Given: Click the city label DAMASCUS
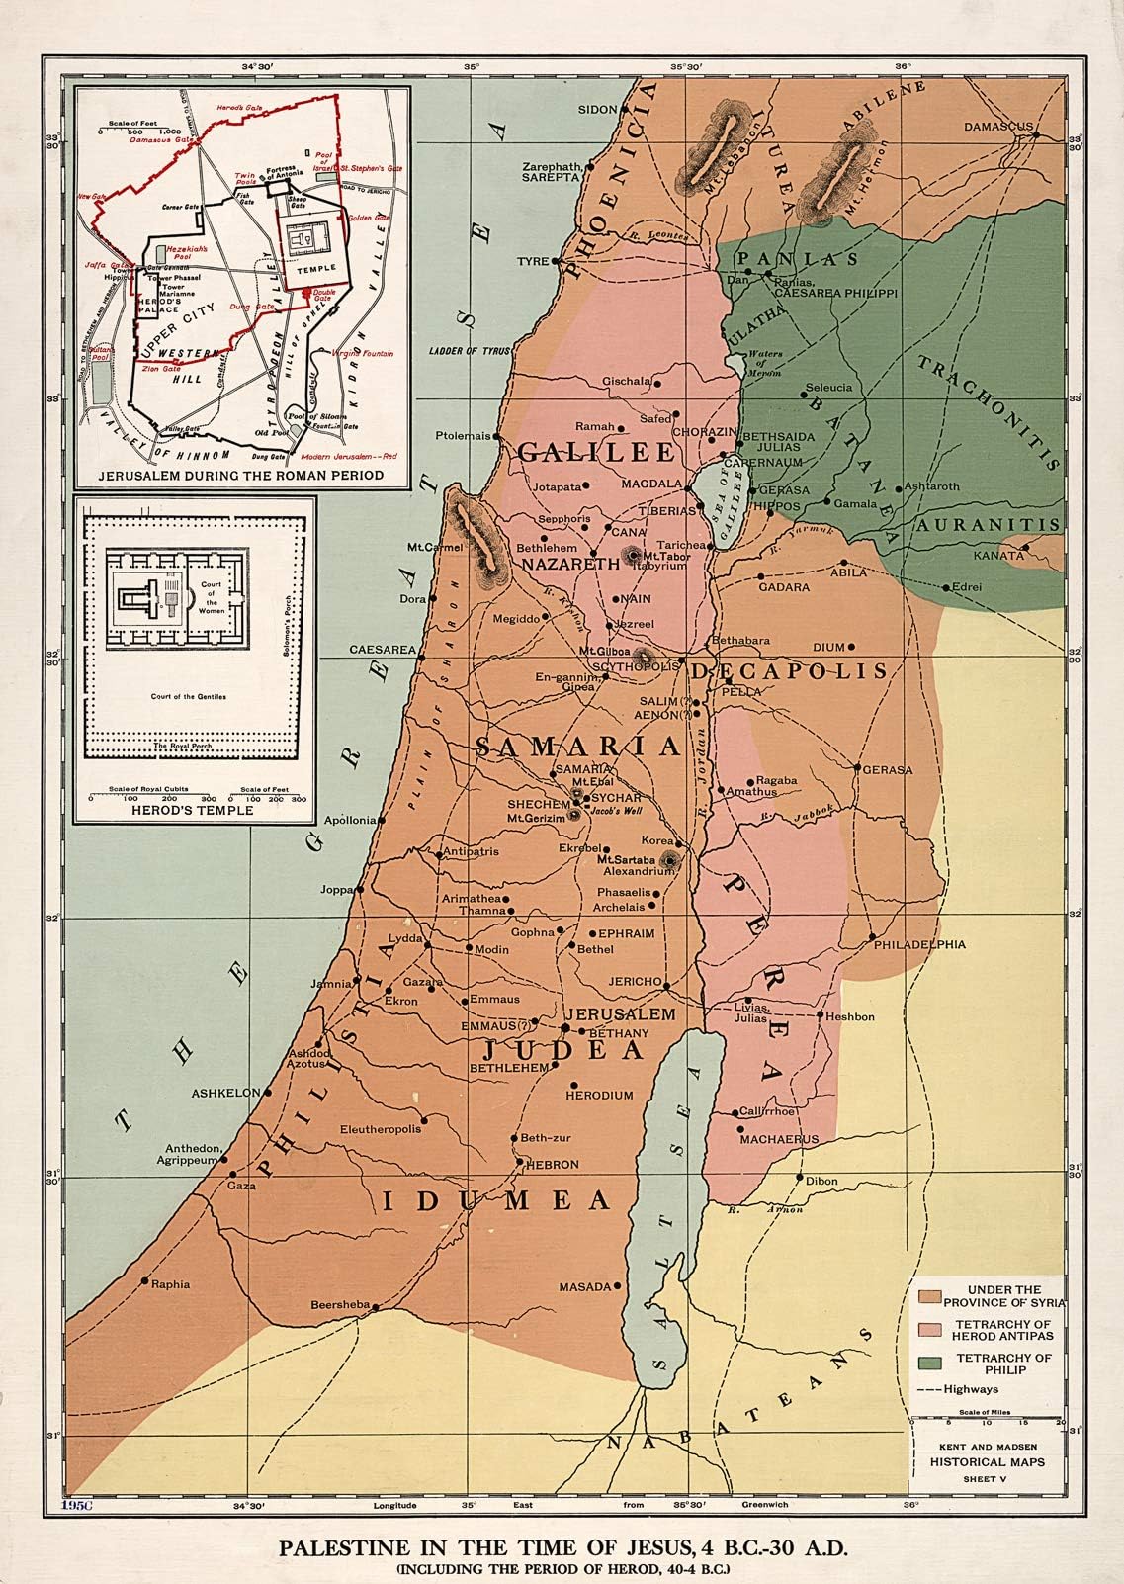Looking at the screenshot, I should (x=997, y=128).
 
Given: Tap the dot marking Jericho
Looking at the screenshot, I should (x=668, y=986).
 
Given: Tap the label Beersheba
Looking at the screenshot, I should (x=339, y=1303).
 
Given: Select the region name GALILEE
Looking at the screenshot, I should (x=595, y=452).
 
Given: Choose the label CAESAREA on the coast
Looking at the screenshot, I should (x=381, y=650).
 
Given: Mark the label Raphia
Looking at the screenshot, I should (x=169, y=1285).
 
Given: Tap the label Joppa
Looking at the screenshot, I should (x=335, y=889).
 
